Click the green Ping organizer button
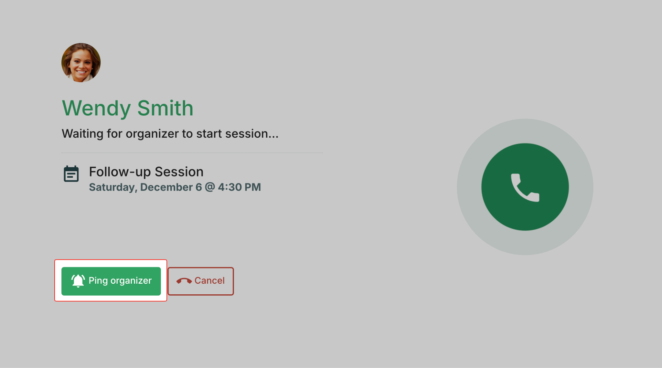(x=111, y=281)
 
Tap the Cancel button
(x=201, y=281)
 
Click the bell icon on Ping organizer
(x=78, y=281)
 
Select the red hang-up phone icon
(x=184, y=281)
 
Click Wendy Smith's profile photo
(x=81, y=63)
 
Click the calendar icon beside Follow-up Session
(x=71, y=174)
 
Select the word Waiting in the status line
(x=82, y=134)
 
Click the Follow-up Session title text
(x=146, y=172)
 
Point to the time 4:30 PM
(x=239, y=187)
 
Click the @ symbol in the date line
(x=210, y=187)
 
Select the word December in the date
(x=166, y=187)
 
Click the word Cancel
(x=209, y=280)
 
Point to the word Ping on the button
(x=98, y=281)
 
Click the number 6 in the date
(x=199, y=187)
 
